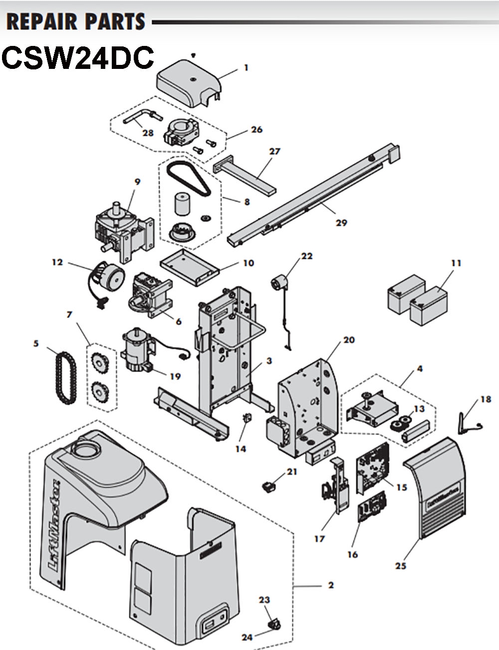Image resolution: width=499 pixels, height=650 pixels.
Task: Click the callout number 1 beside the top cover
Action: (x=246, y=67)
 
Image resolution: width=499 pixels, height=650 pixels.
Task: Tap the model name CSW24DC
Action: (x=77, y=58)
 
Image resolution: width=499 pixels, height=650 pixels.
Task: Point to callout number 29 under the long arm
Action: (x=341, y=223)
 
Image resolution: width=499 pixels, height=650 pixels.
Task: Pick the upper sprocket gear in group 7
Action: (x=100, y=361)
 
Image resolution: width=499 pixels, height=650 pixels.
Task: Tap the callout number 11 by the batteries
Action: (x=456, y=263)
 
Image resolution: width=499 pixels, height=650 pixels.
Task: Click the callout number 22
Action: (x=306, y=256)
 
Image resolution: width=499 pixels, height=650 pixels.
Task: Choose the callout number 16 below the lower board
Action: (x=352, y=554)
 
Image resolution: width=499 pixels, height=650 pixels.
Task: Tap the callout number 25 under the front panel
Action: (x=401, y=566)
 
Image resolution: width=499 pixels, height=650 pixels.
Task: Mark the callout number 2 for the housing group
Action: (x=330, y=585)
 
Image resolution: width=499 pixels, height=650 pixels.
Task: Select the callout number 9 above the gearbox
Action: (x=138, y=183)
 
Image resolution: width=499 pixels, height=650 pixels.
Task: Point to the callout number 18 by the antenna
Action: (x=485, y=399)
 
